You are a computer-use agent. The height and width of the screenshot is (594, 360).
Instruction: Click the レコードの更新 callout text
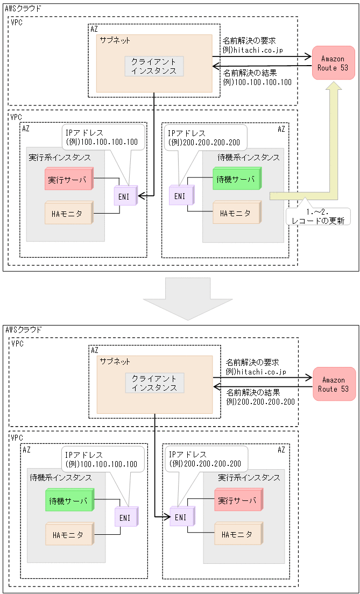[x=317, y=216]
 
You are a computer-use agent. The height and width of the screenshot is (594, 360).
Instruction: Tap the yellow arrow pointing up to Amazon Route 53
[x=334, y=140]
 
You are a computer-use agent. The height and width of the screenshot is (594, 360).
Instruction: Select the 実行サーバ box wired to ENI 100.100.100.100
[x=68, y=180]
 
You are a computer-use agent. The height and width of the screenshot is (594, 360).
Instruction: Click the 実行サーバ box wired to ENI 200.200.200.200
[x=237, y=501]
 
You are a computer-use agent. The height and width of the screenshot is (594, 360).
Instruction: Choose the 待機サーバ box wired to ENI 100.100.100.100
[x=69, y=500]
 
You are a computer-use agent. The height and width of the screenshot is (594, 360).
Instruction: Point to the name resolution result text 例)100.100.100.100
[x=257, y=82]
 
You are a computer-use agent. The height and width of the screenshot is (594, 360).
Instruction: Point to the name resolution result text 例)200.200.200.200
[x=260, y=401]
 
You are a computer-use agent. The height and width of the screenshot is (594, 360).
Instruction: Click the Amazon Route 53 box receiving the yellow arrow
[x=333, y=63]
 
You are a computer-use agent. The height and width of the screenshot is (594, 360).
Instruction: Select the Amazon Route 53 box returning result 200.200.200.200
[x=334, y=384]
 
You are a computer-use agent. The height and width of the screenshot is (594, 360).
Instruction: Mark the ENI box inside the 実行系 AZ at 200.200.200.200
[x=181, y=517]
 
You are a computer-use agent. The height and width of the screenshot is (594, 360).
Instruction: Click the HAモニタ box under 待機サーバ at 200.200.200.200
[x=236, y=213]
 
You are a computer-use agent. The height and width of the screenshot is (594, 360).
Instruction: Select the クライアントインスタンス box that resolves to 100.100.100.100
[x=154, y=66]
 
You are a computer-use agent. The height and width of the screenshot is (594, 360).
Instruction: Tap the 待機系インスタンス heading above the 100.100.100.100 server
[x=60, y=477]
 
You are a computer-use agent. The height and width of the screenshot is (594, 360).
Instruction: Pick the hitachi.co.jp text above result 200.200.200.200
[x=256, y=372]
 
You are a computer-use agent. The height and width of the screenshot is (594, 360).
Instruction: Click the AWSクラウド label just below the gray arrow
[x=23, y=329]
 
